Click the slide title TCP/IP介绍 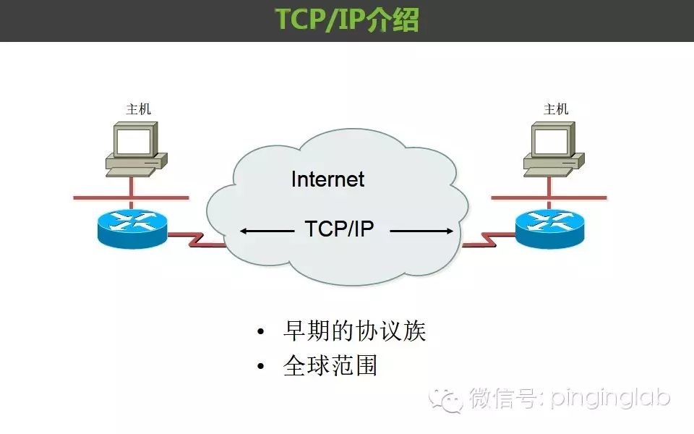[347, 20]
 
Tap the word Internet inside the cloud [327, 179]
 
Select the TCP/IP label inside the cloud [340, 229]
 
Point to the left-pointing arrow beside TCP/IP [267, 231]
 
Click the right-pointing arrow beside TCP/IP [421, 231]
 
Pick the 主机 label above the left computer [139, 109]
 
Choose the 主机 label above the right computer [556, 109]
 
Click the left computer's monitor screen [133, 141]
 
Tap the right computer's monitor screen [551, 141]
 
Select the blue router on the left [132, 229]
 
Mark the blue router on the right [549, 229]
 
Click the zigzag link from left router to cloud [197, 239]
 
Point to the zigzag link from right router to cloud [489, 239]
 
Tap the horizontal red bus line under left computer [131, 198]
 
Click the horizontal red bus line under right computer [549, 198]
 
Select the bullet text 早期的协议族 [354, 331]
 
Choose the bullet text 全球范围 [330, 365]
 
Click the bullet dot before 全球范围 [261, 366]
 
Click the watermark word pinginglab [610, 399]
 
